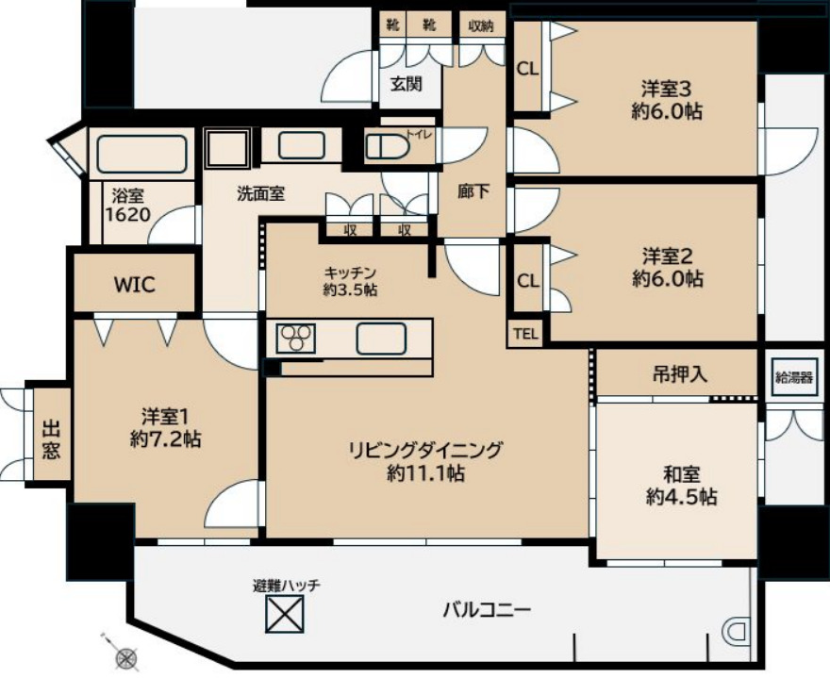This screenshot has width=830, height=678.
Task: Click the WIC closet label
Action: tap(135, 284)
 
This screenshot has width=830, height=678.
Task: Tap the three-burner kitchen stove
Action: tap(296, 338)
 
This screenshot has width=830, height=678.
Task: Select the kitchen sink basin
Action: tap(381, 338)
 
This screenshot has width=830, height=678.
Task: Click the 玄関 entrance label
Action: tap(407, 83)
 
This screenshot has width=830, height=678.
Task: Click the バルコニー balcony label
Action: tap(488, 609)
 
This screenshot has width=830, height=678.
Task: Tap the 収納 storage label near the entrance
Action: tap(481, 25)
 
